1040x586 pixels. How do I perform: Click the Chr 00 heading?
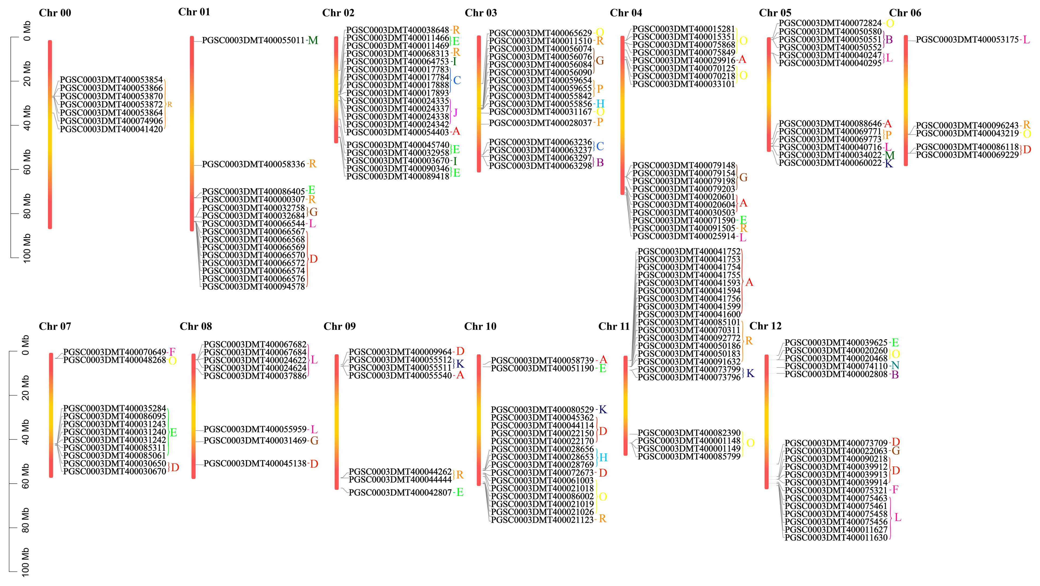(55, 13)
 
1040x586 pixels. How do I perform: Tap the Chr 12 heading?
(765, 326)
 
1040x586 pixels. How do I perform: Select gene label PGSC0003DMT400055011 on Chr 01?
(253, 40)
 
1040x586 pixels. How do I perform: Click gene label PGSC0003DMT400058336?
(253, 164)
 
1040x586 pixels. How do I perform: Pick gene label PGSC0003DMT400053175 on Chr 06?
(967, 40)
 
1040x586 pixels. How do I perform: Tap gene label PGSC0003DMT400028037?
(540, 123)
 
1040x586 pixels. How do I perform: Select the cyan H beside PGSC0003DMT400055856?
(600, 104)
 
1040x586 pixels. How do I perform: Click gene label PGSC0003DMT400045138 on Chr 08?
(255, 464)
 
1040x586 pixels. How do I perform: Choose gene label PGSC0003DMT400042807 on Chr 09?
(400, 493)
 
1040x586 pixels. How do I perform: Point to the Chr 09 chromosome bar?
(337, 422)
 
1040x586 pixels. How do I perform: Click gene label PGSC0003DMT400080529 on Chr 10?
(542, 410)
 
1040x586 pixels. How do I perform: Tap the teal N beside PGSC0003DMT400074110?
(895, 366)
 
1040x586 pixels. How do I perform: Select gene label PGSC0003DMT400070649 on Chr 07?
(115, 352)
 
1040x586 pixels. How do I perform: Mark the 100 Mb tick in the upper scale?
(15, 257)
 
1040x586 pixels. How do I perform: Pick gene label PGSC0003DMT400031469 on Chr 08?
(255, 441)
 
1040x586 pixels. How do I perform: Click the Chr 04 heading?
(626, 13)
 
